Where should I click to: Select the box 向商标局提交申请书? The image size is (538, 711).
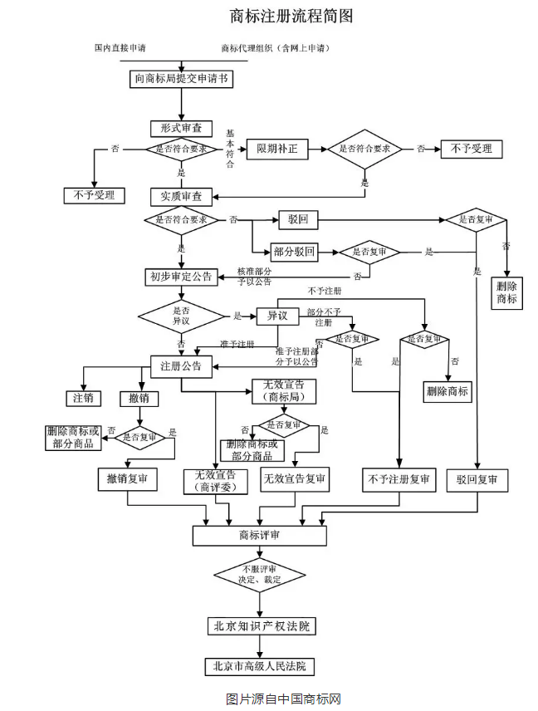pos(182,79)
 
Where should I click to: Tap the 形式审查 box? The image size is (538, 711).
pos(181,129)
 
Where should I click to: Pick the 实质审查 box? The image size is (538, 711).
pos(181,197)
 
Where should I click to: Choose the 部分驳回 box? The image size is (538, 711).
pos(294,252)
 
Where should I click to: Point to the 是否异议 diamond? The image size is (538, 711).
pos(181,316)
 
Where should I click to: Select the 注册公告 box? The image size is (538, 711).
pos(181,365)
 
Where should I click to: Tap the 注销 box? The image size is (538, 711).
pos(83,398)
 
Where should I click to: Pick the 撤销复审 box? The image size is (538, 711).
pos(126,479)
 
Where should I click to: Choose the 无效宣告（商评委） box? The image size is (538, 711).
pos(215,481)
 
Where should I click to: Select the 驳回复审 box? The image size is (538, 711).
pos(477,480)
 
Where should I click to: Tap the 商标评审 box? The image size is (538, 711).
pos(259,535)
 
